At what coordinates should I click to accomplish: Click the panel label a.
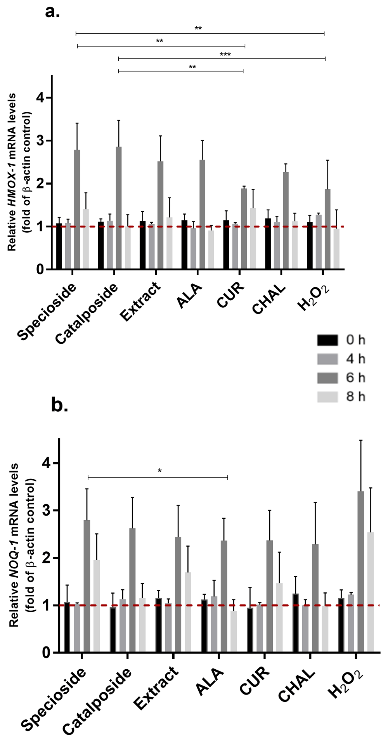coord(52,12)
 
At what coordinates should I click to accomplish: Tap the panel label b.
coord(60,405)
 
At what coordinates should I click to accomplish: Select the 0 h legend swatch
coord(327,340)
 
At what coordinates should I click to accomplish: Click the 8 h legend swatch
coord(327,397)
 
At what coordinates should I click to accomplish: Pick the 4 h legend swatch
coord(327,359)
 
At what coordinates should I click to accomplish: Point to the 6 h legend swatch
coord(327,378)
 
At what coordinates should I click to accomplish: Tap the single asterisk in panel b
coord(159,471)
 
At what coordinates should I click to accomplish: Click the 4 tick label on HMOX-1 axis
coord(40,98)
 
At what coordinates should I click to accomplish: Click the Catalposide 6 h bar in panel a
coord(119,208)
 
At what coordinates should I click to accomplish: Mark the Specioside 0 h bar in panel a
coord(59,246)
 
